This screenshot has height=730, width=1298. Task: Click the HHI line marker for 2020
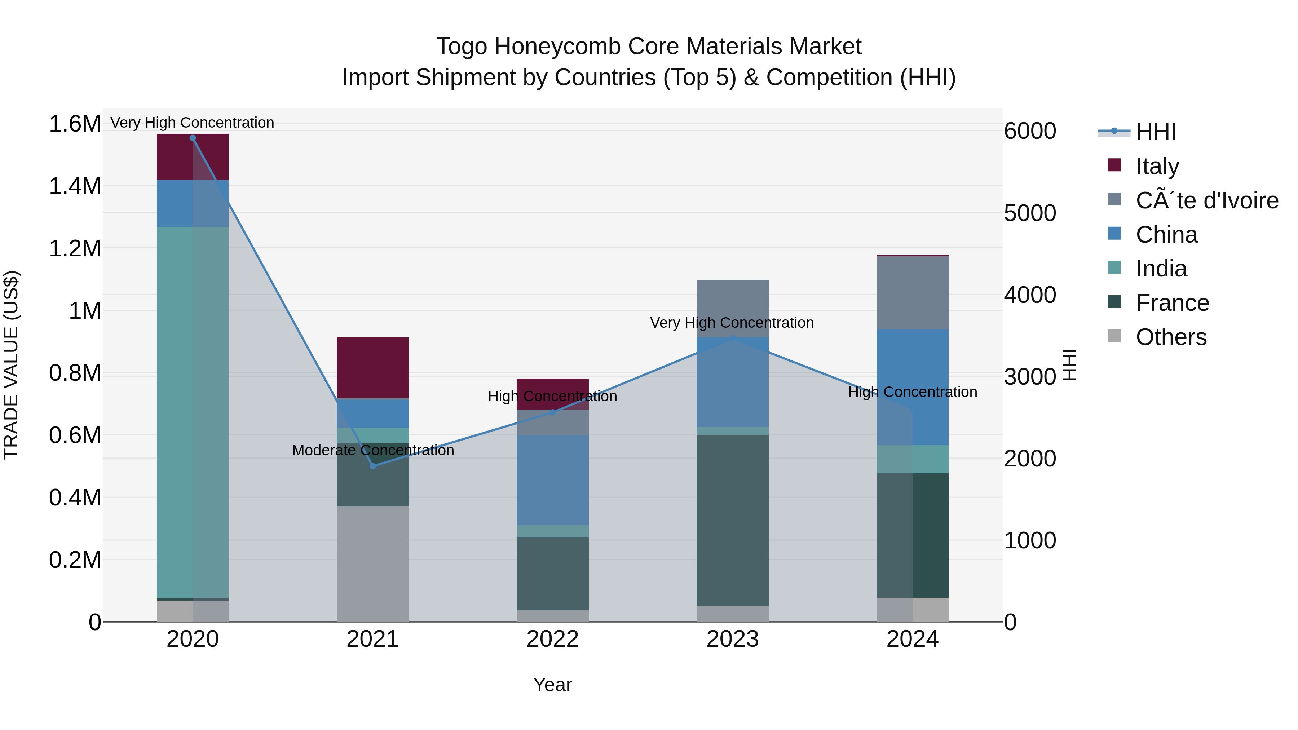(193, 138)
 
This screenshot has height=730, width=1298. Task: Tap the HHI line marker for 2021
(372, 466)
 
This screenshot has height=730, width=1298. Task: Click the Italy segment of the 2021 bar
(372, 368)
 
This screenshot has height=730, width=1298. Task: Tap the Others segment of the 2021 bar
(372, 564)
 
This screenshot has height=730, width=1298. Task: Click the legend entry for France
(1172, 303)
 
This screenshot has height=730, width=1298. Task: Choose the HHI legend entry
(1156, 132)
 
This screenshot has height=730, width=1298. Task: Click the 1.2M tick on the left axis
(75, 248)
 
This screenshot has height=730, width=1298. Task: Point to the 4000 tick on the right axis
(1030, 295)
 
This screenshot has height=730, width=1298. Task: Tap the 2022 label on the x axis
(552, 639)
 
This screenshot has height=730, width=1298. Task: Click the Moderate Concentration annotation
(373, 450)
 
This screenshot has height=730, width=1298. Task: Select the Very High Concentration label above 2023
(732, 322)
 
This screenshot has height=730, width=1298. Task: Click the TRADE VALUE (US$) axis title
(12, 365)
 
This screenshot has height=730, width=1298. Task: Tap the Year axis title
(552, 685)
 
